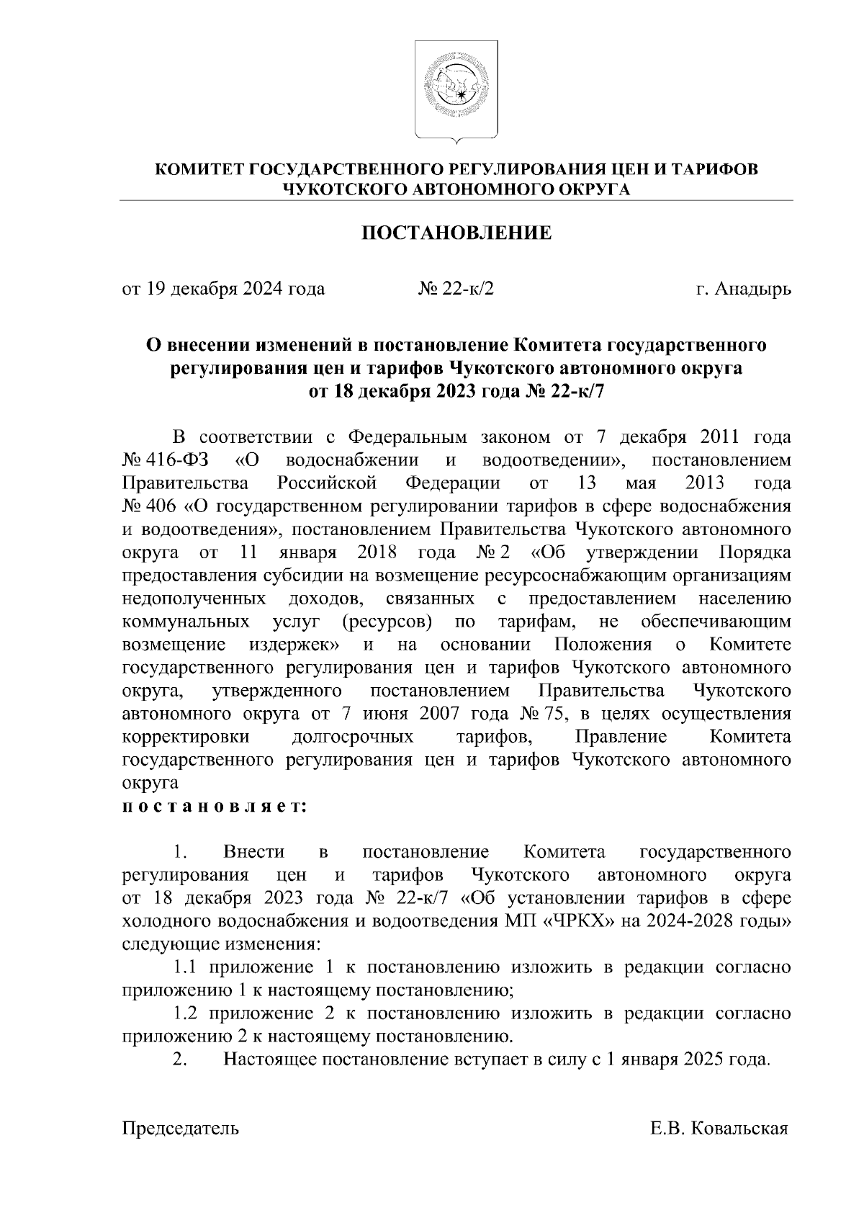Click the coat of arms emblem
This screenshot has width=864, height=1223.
456,89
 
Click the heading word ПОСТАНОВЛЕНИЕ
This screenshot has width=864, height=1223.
456,233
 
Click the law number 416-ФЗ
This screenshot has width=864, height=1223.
166,460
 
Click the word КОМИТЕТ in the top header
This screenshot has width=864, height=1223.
199,170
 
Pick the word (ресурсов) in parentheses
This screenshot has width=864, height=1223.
387,622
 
